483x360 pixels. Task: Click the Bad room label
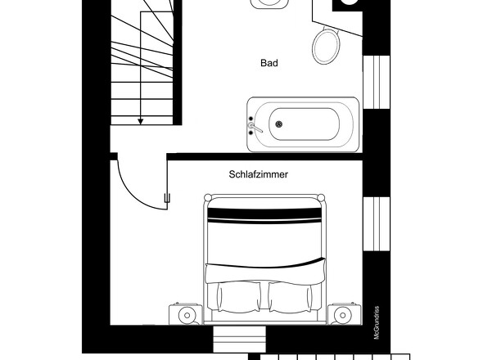(x=269, y=63)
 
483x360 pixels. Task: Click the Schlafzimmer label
(x=259, y=174)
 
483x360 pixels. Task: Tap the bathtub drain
(x=279, y=124)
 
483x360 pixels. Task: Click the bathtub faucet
(x=255, y=127)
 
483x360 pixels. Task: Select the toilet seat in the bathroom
(x=326, y=46)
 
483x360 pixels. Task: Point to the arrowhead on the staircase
(x=141, y=121)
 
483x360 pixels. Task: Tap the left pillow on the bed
(x=238, y=298)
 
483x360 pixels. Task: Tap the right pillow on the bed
(x=290, y=298)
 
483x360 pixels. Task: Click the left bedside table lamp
(x=187, y=315)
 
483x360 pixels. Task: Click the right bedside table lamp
(x=342, y=315)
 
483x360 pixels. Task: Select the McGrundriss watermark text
(x=377, y=322)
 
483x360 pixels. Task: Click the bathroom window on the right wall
(x=377, y=82)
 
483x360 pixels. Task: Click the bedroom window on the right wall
(x=377, y=223)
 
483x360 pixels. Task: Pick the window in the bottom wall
(x=239, y=340)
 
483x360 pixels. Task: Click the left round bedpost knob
(x=208, y=197)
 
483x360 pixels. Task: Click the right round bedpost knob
(x=321, y=197)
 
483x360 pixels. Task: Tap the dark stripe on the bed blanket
(x=264, y=213)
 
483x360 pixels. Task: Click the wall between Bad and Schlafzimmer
(x=264, y=157)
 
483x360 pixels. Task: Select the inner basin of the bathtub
(x=305, y=124)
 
